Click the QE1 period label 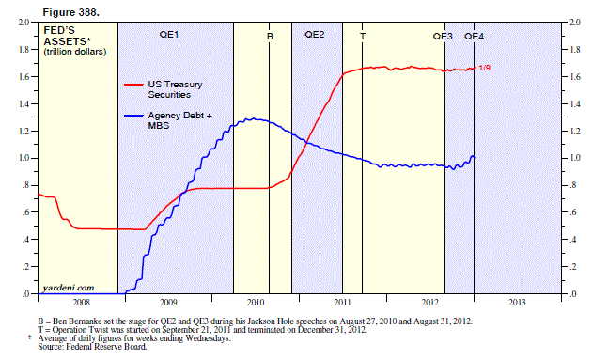[169, 35]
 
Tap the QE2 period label [315, 35]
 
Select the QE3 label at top [443, 36]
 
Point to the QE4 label [475, 36]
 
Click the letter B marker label [270, 37]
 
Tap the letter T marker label [363, 37]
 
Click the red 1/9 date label [485, 68]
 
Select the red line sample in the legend [133, 85]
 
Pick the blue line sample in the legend [133, 116]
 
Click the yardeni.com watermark [69, 288]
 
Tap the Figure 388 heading [71, 12]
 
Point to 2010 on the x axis [256, 303]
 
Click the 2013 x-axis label [517, 303]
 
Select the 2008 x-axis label [82, 303]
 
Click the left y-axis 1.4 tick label [24, 104]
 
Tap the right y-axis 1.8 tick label [575, 50]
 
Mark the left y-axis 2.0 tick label [24, 23]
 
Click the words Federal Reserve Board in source [106, 347]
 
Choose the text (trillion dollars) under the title [75, 52]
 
